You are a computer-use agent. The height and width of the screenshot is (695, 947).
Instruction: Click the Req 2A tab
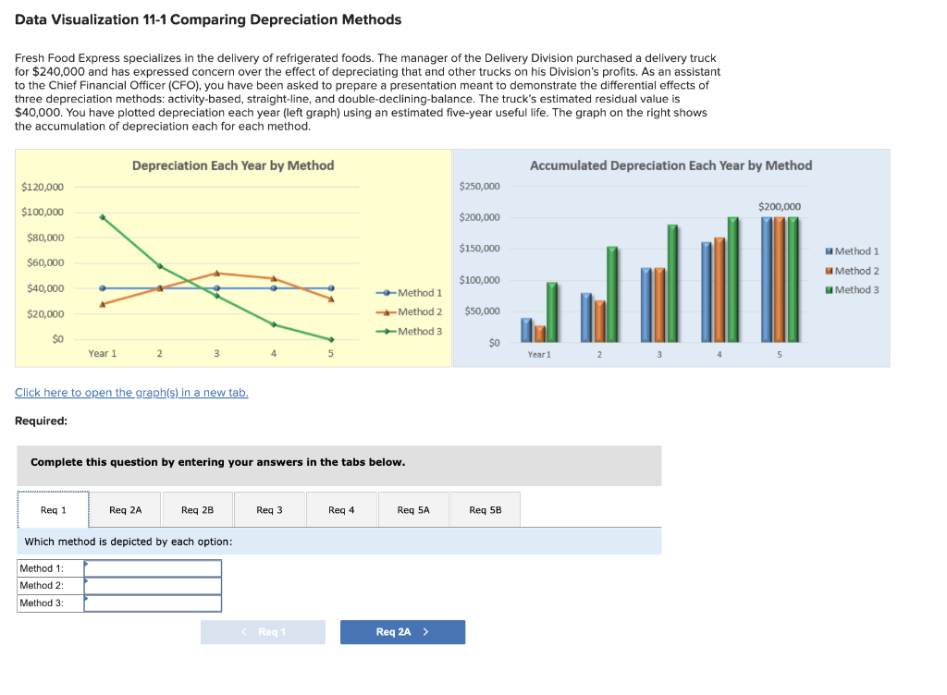point(125,509)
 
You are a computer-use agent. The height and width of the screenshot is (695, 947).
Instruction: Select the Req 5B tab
point(485,509)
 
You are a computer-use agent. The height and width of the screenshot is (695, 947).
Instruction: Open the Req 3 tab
point(269,509)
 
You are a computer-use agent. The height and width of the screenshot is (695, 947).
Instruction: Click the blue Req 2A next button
point(402,632)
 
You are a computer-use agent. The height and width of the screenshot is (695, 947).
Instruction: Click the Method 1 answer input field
point(153,568)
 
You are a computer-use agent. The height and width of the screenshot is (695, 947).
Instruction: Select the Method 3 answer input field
point(153,604)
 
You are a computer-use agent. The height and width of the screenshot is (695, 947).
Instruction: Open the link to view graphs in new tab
point(131,393)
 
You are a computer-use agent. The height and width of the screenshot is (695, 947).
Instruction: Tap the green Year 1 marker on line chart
point(103,217)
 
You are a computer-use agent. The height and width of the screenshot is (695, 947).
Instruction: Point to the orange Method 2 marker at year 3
point(216,273)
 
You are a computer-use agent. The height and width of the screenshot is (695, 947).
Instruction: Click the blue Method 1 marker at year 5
point(331,287)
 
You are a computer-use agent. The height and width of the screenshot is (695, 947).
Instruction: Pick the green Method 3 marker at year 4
point(274,324)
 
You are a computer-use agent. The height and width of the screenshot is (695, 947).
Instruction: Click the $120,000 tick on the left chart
point(43,188)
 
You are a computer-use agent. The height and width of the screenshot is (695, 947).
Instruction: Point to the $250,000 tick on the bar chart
point(479,187)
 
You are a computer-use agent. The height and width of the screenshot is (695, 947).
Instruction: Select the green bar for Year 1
point(552,311)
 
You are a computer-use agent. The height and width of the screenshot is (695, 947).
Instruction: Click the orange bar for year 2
point(599,321)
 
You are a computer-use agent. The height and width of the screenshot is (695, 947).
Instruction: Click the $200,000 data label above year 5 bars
point(780,206)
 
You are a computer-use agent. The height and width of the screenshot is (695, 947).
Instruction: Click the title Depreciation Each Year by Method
point(233,165)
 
